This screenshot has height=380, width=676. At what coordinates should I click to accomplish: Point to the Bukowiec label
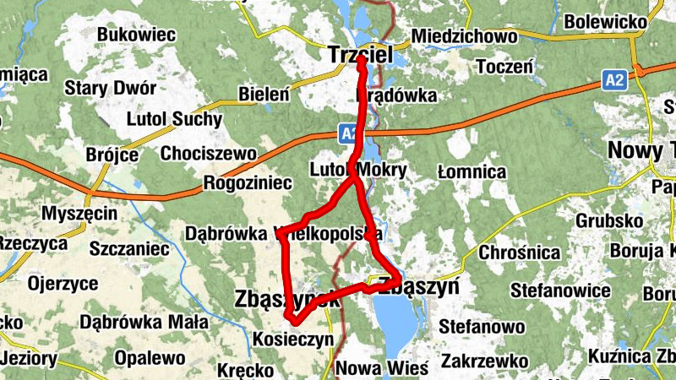tap(136, 35)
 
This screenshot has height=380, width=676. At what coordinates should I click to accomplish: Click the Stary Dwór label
tap(111, 87)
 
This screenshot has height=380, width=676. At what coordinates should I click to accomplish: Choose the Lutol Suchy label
tap(173, 119)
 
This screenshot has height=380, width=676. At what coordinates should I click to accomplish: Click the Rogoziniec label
tap(248, 182)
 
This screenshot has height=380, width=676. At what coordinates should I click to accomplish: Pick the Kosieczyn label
tap(293, 339)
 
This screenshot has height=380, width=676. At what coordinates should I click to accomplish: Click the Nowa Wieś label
tap(382, 368)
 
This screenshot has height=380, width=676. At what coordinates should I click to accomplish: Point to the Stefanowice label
tap(559, 290)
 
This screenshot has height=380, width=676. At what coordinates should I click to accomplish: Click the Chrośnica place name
tap(520, 252)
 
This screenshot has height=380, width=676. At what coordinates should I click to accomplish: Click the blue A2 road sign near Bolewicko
tap(614, 81)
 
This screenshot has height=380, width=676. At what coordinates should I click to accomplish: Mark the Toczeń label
tap(504, 66)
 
